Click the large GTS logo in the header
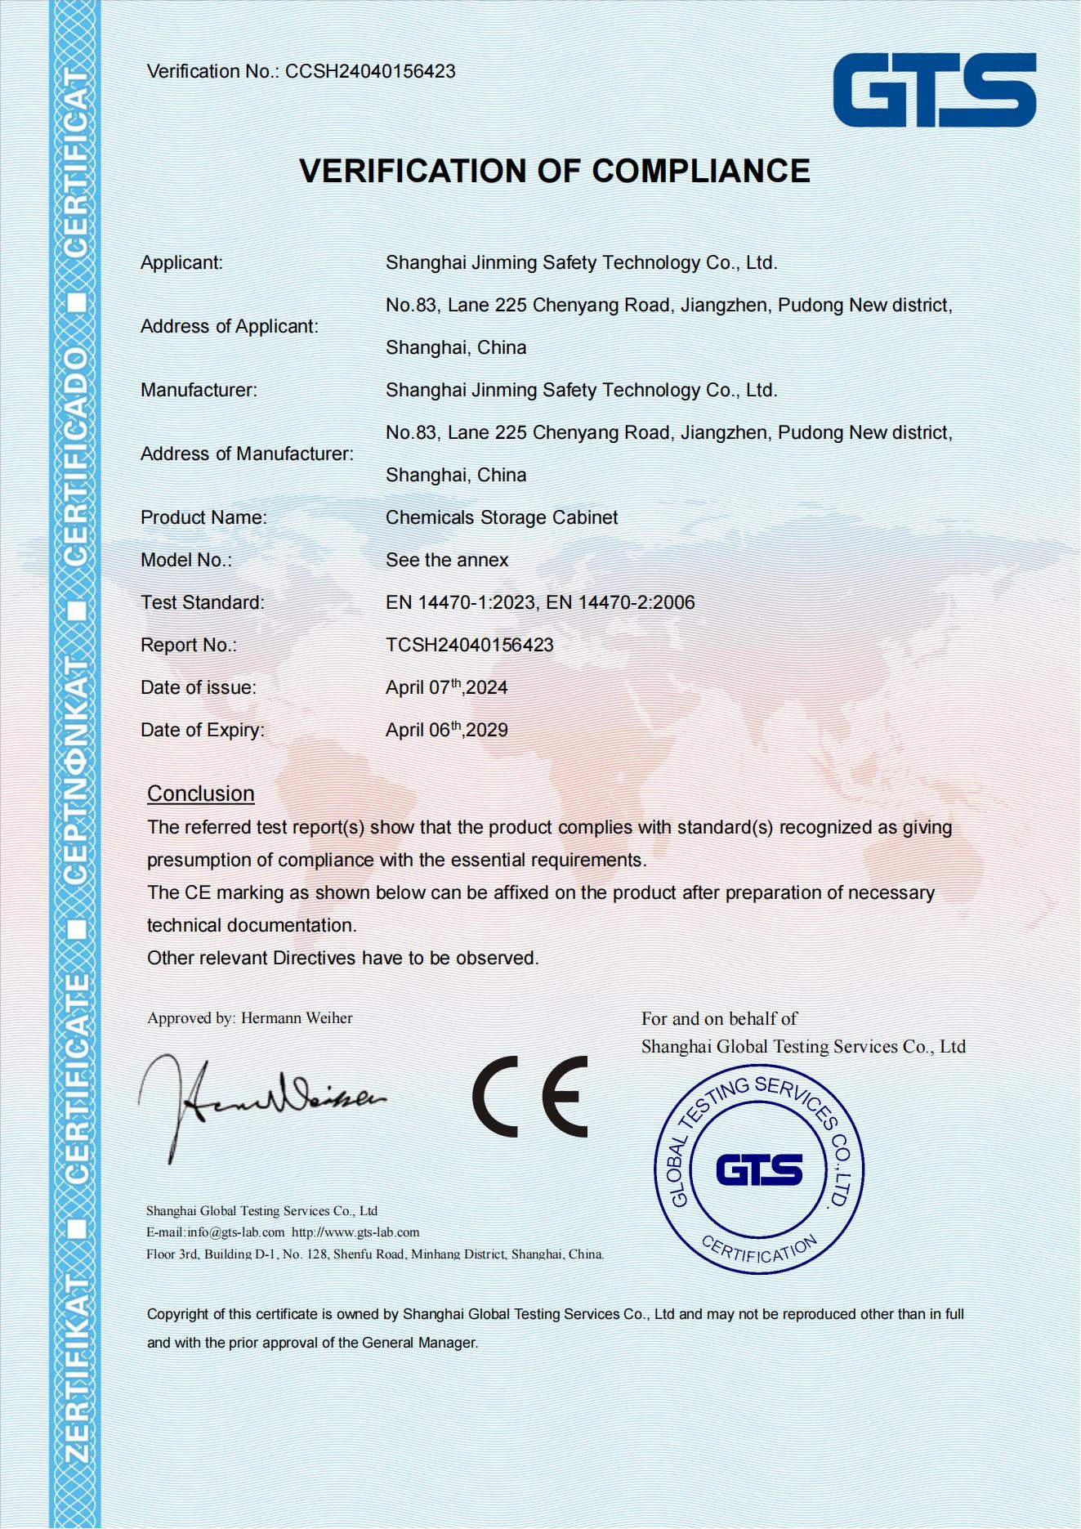click(x=934, y=90)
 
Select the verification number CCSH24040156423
click(x=370, y=72)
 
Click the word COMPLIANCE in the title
click(x=700, y=171)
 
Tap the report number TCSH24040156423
click(x=470, y=645)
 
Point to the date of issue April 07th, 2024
click(x=446, y=687)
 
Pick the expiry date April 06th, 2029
click(x=446, y=730)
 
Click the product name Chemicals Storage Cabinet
click(x=502, y=517)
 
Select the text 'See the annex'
click(x=447, y=560)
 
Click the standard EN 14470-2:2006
click(x=620, y=602)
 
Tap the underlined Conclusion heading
click(x=201, y=794)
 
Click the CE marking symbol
click(x=530, y=1097)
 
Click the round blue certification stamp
click(x=759, y=1169)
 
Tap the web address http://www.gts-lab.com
click(x=355, y=1232)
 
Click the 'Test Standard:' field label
click(x=203, y=602)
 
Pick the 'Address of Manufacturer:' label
click(x=247, y=454)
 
